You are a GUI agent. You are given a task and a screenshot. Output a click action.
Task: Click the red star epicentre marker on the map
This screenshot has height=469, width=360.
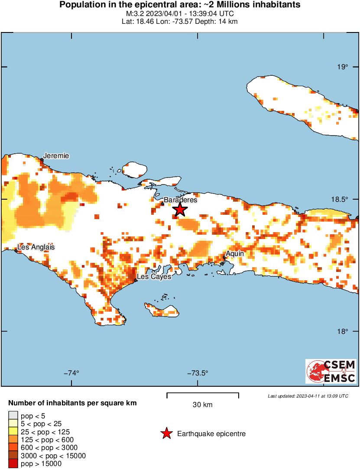(180, 209)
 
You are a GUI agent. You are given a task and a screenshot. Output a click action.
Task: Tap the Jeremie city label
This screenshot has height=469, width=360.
(56, 156)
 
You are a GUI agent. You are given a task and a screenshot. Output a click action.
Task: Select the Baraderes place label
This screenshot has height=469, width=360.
(183, 200)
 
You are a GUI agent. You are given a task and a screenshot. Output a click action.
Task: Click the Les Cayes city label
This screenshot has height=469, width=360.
(154, 276)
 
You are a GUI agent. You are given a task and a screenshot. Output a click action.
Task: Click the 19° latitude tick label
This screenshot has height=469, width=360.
(344, 67)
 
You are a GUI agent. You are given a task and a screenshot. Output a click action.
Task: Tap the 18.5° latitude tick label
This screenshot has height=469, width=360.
(341, 199)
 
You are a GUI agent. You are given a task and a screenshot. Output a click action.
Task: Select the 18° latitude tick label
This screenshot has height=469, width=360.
(344, 331)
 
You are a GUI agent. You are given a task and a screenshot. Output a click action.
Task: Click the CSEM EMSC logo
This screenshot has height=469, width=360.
(331, 371)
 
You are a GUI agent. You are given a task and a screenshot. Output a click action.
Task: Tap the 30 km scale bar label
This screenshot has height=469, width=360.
(202, 405)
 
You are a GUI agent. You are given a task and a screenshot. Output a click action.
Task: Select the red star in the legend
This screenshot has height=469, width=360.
(166, 433)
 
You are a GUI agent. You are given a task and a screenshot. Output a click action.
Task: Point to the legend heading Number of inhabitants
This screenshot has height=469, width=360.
(72, 403)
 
